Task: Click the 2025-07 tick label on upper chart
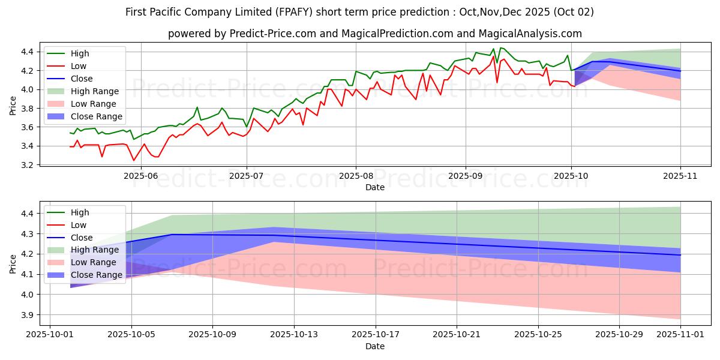point(247,176)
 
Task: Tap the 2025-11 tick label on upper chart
point(680,176)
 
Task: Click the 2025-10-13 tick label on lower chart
point(294,335)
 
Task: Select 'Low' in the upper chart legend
point(79,66)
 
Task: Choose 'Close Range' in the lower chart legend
point(97,275)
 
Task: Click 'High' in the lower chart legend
point(80,212)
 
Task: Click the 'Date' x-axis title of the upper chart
point(375,187)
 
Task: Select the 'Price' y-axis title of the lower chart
point(13,264)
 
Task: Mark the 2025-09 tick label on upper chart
point(466,176)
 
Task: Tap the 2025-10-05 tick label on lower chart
point(131,335)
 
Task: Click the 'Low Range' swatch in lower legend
point(58,262)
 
